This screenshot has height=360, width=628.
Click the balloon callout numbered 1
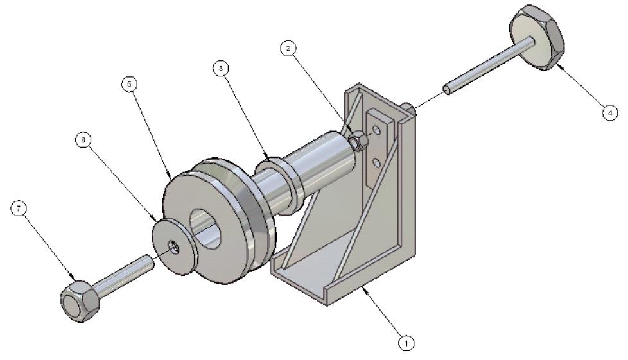click(x=405, y=343)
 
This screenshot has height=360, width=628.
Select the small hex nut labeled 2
click(x=359, y=140)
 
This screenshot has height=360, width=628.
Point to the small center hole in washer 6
click(x=174, y=246)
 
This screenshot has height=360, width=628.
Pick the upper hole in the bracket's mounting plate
click(x=378, y=132)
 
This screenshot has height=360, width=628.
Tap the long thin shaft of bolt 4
click(x=488, y=65)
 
